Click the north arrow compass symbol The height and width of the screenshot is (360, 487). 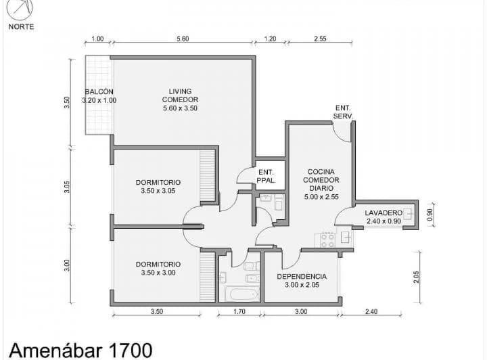20,9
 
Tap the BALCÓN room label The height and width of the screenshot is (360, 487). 99,91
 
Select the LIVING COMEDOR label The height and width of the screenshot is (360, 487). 180,95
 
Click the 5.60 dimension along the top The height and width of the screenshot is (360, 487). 183,39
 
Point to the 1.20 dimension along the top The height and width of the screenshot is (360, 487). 270,39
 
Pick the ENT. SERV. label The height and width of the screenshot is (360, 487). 343,112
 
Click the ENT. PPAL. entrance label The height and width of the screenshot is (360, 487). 266,176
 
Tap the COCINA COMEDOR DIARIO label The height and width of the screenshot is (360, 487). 321,180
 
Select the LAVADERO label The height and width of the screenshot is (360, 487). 384,212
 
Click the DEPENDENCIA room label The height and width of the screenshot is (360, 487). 302,277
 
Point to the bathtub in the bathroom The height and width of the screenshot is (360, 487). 241,294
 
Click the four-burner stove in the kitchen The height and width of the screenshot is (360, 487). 328,240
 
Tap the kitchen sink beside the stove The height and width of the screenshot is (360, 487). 346,238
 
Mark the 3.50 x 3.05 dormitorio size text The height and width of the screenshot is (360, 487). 158,191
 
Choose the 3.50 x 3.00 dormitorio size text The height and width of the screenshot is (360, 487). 158,273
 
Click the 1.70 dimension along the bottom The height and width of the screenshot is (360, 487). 239,311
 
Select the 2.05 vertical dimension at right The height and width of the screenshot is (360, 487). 416,277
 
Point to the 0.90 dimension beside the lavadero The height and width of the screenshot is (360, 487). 430,215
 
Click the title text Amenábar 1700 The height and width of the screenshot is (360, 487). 80,350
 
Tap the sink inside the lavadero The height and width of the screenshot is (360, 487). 409,213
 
